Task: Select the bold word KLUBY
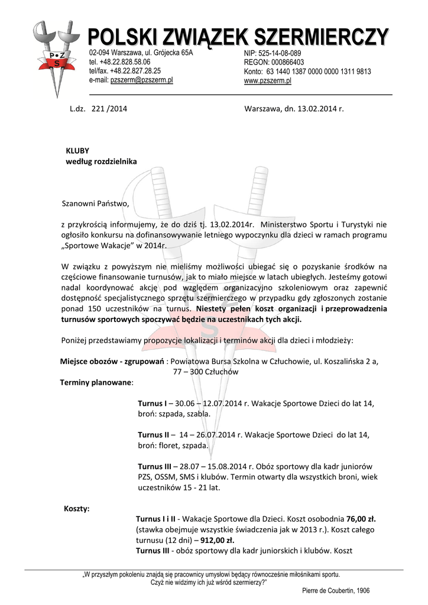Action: pyautogui.click(x=77, y=151)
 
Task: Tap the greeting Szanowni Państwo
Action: pyautogui.click(x=95, y=204)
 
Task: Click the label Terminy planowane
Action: pyautogui.click(x=96, y=382)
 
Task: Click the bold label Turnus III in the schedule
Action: pyautogui.click(x=155, y=466)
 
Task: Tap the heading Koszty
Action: pyautogui.click(x=76, y=509)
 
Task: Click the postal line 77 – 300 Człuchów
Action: pyautogui.click(x=205, y=372)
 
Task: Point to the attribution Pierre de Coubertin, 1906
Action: pyautogui.click(x=335, y=590)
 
